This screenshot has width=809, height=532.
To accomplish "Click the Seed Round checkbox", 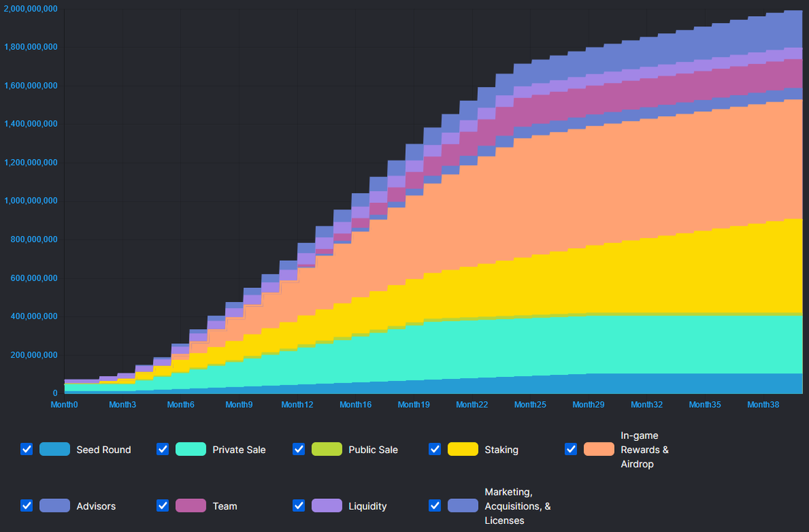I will click(x=27, y=449).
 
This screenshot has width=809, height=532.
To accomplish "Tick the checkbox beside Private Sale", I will click(x=162, y=449).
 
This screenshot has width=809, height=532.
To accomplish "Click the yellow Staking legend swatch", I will click(x=462, y=449).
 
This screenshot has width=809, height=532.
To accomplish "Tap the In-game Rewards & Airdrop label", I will click(x=645, y=449).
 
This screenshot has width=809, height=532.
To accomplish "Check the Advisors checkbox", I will click(x=27, y=506).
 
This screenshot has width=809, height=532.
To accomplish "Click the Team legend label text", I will click(x=224, y=506).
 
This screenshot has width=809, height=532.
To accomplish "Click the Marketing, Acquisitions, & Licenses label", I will click(x=517, y=506).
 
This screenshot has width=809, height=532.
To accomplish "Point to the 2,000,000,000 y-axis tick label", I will click(x=30, y=9).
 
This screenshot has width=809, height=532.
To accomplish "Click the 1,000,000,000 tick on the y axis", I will click(x=30, y=201).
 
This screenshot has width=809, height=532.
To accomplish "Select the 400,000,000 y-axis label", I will click(x=33, y=316).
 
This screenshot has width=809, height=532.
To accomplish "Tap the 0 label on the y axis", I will click(x=55, y=393).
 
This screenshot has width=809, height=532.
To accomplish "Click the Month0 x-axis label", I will click(x=65, y=405).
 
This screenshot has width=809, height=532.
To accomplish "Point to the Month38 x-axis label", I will click(x=763, y=405).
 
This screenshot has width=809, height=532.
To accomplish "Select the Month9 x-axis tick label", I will click(x=239, y=405).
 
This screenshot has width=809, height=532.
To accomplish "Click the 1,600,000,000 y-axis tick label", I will click(x=30, y=86).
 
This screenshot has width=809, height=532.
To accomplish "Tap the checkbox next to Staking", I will click(x=435, y=449).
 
